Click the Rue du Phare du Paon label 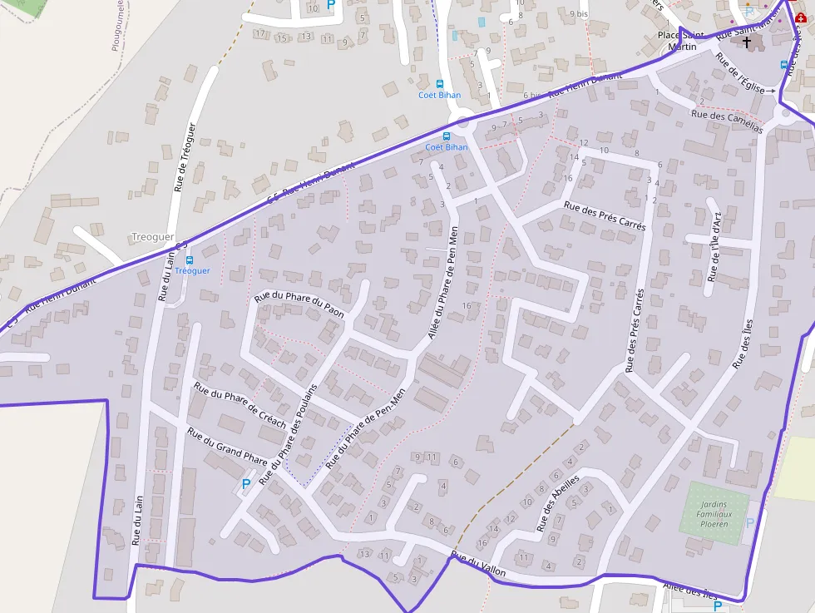point(299,304)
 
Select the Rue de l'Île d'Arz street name point(714,248)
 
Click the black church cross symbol point(747,42)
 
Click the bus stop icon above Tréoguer point(190,260)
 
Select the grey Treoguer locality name point(153,237)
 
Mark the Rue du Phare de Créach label point(240,405)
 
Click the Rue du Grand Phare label point(227,446)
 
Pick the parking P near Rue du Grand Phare point(245,483)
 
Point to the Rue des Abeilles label point(558,504)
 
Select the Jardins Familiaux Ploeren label point(714,514)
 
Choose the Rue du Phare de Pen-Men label point(366,427)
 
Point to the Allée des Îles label point(689,591)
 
